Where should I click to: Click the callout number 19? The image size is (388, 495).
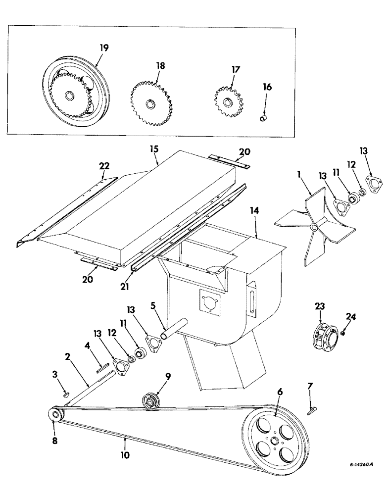pos(104,48)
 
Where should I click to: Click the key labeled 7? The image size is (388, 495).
pos(311,408)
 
